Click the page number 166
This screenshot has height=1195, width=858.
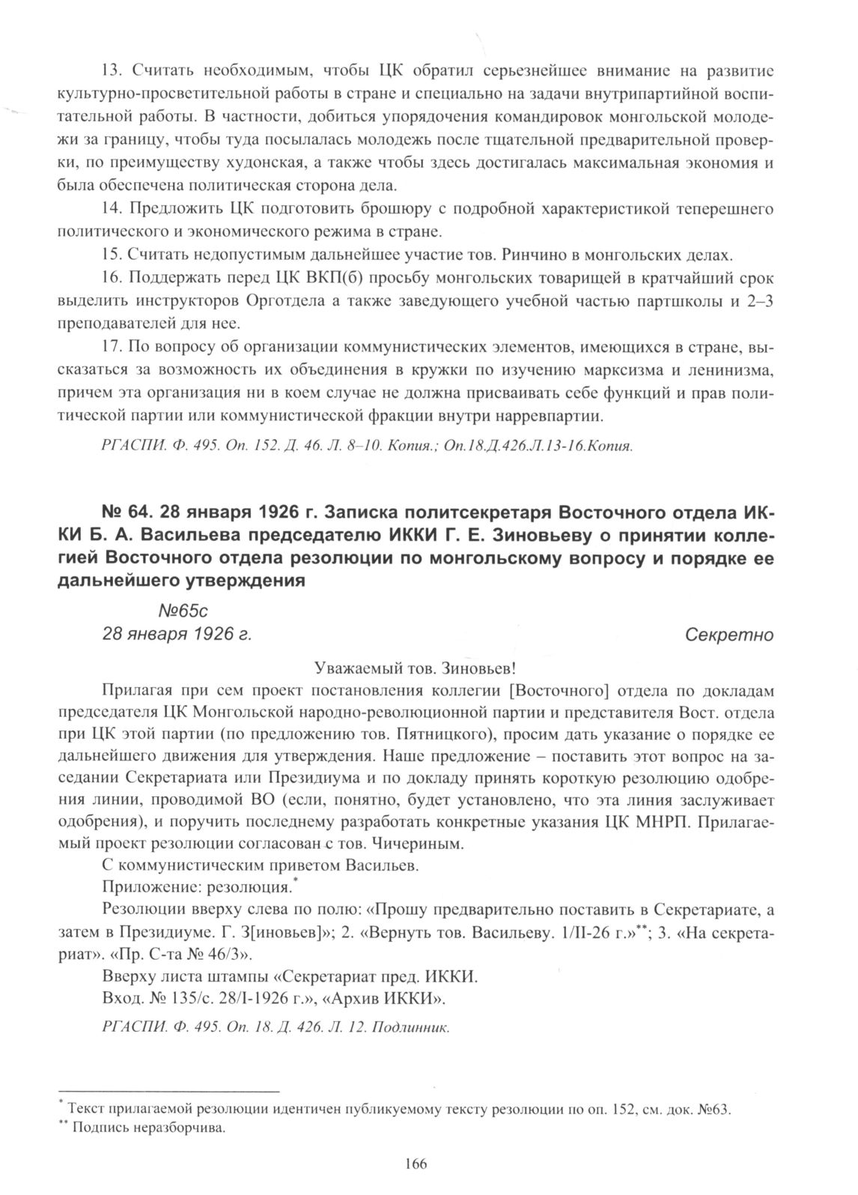[416, 1164]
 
